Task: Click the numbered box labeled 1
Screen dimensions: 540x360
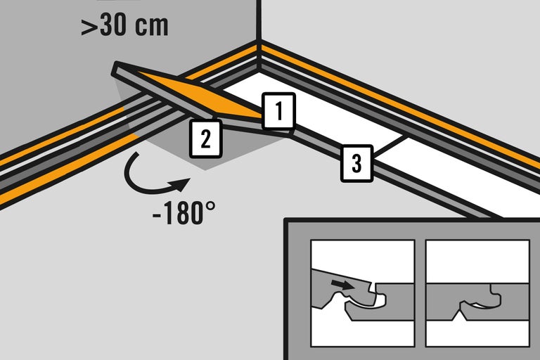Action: (x=278, y=111)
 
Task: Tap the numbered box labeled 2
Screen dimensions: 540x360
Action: (x=205, y=139)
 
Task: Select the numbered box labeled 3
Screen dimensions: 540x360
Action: (x=356, y=163)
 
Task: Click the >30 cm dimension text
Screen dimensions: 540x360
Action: (x=124, y=25)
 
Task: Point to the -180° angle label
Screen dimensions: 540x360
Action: (x=184, y=212)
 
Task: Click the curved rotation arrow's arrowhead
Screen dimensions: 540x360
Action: (x=181, y=184)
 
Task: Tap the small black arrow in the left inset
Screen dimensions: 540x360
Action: (x=342, y=284)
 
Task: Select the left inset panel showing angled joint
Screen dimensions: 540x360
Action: (x=362, y=293)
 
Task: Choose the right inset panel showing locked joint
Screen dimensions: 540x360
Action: (x=477, y=293)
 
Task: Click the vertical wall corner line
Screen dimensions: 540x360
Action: (x=258, y=20)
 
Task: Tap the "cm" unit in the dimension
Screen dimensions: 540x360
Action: (x=152, y=26)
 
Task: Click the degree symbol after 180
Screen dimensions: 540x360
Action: (x=211, y=206)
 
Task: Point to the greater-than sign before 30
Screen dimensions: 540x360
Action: (x=88, y=27)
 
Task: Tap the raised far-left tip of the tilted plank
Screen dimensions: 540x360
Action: (x=115, y=68)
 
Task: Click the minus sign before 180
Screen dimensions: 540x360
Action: (x=157, y=216)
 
